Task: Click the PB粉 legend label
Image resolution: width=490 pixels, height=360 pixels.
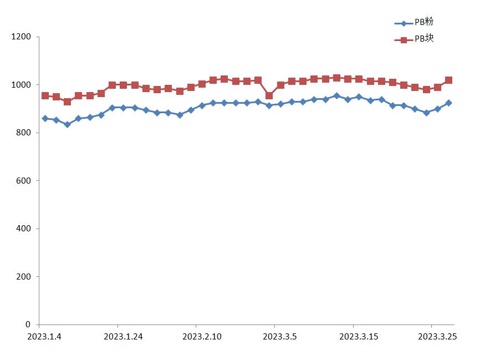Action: coord(424,23)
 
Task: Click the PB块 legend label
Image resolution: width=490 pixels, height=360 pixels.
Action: coord(424,39)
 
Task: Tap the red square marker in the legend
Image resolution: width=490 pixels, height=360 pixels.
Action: coord(404,40)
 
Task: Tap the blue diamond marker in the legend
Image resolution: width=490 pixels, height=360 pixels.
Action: coord(404,23)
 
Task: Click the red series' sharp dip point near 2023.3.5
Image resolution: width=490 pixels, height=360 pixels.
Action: coord(269,95)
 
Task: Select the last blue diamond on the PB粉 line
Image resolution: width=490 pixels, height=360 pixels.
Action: coord(448,103)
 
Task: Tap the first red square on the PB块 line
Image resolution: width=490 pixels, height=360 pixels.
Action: coord(45,95)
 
